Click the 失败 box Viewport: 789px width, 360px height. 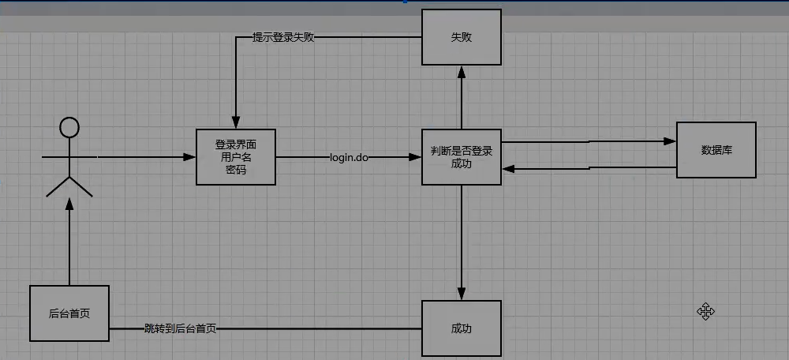462,37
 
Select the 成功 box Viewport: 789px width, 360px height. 462,328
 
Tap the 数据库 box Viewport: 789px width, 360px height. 716,150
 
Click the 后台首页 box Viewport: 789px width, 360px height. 69,313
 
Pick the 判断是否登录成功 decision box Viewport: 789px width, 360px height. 462,157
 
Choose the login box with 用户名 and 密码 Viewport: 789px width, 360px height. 235,157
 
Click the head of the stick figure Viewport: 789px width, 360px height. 69,127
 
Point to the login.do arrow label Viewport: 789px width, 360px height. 349,158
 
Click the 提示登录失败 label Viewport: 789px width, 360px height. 283,37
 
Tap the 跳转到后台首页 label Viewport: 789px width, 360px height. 180,329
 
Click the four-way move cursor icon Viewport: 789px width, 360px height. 705,311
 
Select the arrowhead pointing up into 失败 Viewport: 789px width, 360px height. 462,72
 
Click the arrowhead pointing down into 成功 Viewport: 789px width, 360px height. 462,294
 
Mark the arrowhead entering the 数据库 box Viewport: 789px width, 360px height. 670,141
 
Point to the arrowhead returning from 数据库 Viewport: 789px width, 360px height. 508,169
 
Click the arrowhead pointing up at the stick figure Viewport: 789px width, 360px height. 69,204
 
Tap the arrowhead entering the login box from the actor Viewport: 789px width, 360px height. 189,157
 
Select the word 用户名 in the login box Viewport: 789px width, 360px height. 235,157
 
